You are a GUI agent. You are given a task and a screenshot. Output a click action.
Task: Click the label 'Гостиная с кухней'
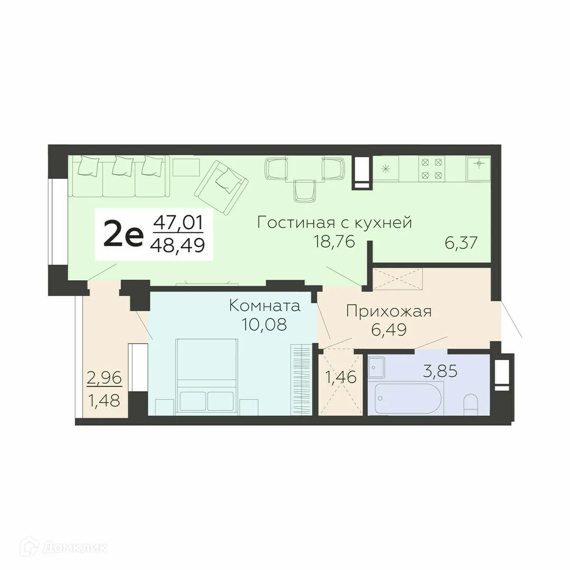334,223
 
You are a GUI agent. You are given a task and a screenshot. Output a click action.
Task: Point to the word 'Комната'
264,306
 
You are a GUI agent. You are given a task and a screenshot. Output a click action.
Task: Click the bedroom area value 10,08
264,324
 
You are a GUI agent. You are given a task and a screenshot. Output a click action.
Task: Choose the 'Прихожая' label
388,311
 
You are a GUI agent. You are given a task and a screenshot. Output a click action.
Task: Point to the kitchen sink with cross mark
479,167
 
